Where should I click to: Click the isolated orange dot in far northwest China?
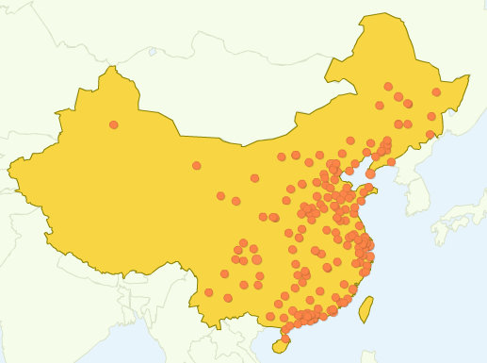[x=114, y=124]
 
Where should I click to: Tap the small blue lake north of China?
[x=152, y=52]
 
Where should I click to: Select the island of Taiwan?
[x=366, y=307]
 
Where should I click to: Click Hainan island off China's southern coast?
[x=280, y=345]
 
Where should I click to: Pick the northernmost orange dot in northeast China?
[x=388, y=86]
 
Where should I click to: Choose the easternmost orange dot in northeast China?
[x=436, y=92]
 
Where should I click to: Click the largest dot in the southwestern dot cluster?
[x=255, y=259]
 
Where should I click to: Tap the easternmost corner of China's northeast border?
[x=468, y=76]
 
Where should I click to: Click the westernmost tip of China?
[x=9, y=175]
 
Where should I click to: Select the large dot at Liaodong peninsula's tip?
[x=371, y=173]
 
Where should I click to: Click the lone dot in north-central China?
[x=196, y=166]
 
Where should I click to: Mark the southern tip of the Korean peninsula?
[x=414, y=223]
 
